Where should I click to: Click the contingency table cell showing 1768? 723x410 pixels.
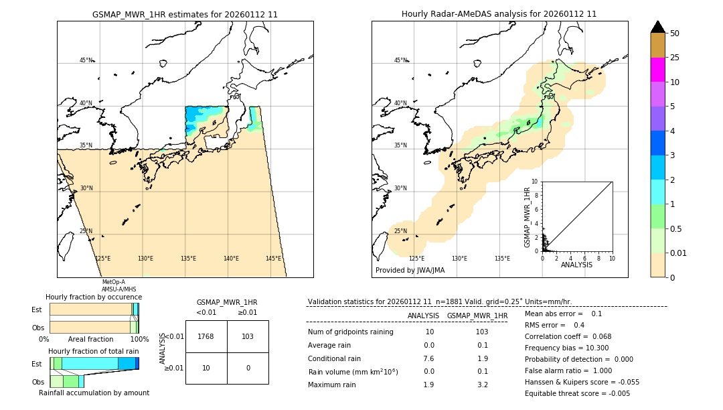click(206, 336)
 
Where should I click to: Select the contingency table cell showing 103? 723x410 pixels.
click(248, 336)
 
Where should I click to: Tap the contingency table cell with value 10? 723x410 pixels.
click(206, 368)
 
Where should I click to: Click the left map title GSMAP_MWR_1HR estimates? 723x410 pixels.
click(185, 14)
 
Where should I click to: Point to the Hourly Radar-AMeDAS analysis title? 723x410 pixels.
click(499, 14)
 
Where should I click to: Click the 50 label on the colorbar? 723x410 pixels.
click(675, 33)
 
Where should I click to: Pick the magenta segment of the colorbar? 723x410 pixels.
click(658, 70)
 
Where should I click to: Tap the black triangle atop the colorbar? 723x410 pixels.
click(658, 27)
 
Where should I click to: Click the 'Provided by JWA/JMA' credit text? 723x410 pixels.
click(410, 271)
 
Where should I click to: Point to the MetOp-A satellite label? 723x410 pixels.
click(114, 282)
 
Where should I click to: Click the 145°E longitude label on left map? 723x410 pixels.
click(273, 259)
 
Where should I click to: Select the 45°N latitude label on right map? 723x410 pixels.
click(400, 60)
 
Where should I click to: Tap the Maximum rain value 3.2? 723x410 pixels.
click(482, 385)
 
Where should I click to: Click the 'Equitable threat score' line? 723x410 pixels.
click(577, 393)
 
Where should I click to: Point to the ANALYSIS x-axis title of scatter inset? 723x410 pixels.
click(577, 265)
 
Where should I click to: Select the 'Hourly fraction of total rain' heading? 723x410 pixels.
click(94, 351)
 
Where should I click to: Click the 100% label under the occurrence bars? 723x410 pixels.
click(139, 339)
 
